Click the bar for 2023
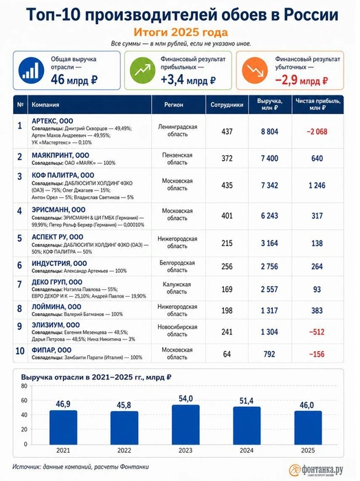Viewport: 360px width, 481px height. (185, 425)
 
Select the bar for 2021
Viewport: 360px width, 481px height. (63, 427)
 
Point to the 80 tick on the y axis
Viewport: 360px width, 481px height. (24, 386)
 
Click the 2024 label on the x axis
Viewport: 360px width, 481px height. (247, 450)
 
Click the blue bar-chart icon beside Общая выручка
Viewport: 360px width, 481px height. (31, 71)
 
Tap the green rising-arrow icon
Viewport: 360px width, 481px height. (142, 71)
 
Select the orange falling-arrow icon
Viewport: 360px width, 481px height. (255, 71)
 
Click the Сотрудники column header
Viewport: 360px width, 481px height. (227, 104)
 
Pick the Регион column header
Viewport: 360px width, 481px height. (174, 104)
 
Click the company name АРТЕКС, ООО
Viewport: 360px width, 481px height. (52, 121)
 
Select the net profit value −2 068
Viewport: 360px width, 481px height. (317, 132)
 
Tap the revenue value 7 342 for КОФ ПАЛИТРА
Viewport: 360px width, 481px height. (269, 186)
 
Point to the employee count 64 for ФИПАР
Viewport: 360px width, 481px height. (227, 354)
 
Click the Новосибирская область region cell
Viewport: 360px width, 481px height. (177, 331)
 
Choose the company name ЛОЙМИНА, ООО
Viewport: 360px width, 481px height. (56, 306)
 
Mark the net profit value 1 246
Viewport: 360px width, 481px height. (317, 186)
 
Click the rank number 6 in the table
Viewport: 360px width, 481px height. (20, 265)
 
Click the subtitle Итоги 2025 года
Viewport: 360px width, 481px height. (181, 32)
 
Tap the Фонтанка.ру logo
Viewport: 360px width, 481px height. (316, 469)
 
